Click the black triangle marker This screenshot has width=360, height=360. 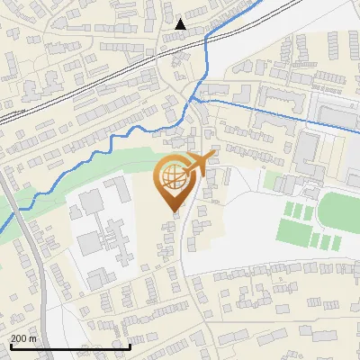click(x=181, y=24)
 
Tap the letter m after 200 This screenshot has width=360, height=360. click(x=32, y=338)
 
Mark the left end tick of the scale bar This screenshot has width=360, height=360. click(x=10, y=346)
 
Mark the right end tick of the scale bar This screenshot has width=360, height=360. click(x=130, y=346)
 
